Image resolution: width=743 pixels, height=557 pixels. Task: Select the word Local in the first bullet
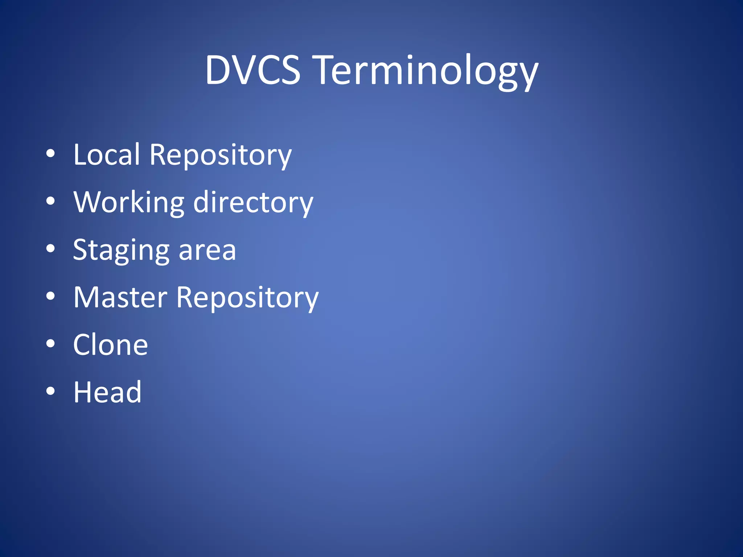(x=106, y=154)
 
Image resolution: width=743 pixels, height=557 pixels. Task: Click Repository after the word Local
(x=220, y=156)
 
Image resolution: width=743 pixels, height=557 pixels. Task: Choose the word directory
(x=253, y=203)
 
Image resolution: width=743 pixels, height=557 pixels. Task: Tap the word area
(x=207, y=251)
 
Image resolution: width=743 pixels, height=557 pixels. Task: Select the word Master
(x=120, y=297)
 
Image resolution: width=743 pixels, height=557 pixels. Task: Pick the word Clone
(x=110, y=345)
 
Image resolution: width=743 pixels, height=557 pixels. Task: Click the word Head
(x=107, y=392)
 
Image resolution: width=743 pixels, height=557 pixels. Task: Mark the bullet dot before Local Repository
(x=50, y=154)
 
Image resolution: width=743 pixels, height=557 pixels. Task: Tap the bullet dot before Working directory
(x=50, y=201)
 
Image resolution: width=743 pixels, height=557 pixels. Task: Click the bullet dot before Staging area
(x=50, y=248)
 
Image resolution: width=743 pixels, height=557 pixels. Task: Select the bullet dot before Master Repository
(x=50, y=296)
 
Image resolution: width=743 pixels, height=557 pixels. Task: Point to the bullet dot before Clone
(x=50, y=343)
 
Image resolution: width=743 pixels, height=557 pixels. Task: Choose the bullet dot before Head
(x=50, y=391)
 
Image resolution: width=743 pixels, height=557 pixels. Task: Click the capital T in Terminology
(x=328, y=70)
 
